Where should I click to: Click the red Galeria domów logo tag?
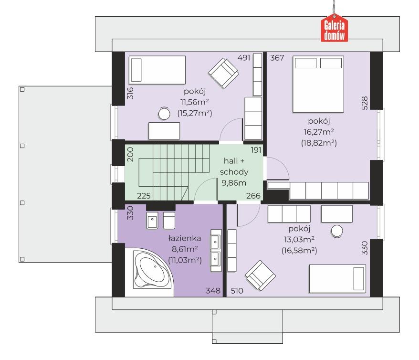pos(334,28)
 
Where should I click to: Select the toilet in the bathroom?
pos(169,221)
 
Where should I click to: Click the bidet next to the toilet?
pos(152,221)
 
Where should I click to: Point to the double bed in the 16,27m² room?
pos(318,84)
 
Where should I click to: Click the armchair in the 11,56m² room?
pos(223,73)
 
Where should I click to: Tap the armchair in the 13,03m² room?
pos(260,275)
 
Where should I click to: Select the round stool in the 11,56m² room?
pos(164,114)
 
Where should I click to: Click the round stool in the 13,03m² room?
pos(337,231)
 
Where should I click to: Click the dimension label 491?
pos(244,57)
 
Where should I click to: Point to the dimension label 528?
pos(365,103)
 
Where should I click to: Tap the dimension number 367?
pos(277,58)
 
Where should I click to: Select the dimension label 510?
pos(237,290)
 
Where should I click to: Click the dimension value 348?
pos(213,290)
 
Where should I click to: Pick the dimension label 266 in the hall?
pos(253,196)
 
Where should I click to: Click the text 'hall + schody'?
pos(234,166)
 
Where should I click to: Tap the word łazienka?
pos(185,238)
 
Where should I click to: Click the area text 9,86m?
pos(234,183)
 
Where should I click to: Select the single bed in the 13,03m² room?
pos(337,279)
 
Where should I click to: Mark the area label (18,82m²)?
pos(319,143)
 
